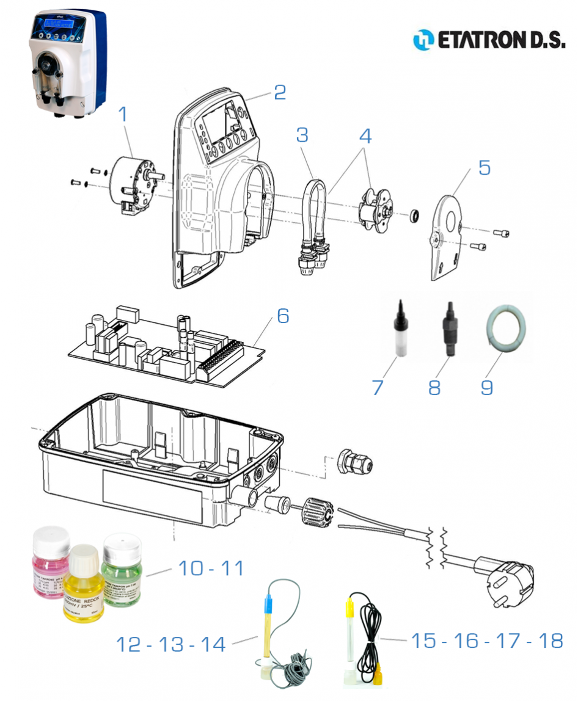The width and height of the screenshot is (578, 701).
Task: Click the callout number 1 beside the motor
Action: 123,114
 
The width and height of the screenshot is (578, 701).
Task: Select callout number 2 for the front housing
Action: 279,92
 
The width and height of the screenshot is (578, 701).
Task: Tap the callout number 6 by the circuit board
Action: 282,316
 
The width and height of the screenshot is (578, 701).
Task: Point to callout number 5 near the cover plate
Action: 484,167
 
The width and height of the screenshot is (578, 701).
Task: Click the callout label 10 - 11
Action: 211,568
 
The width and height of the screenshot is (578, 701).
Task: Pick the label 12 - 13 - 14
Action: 170,644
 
